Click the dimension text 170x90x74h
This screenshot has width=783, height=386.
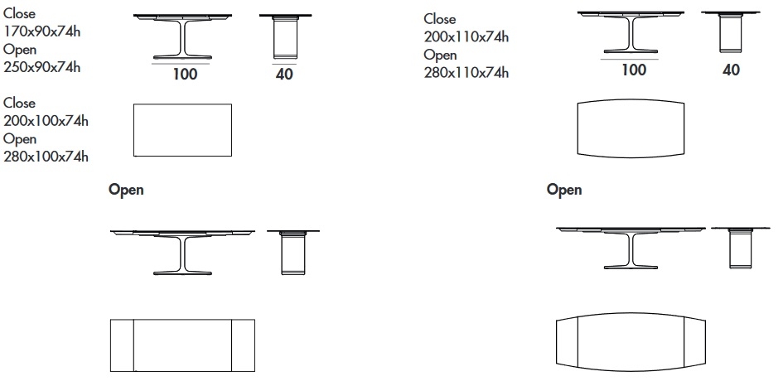41,31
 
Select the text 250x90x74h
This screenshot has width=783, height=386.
41,67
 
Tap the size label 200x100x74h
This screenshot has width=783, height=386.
46,121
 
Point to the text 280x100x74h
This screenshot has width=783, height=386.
46,157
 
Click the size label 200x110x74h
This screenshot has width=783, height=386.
466,36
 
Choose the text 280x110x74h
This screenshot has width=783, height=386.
466,72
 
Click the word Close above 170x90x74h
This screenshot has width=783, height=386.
20,13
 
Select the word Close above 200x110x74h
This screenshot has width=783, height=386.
440,19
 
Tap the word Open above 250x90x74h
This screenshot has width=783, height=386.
20,50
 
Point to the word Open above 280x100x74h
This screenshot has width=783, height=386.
20,139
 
